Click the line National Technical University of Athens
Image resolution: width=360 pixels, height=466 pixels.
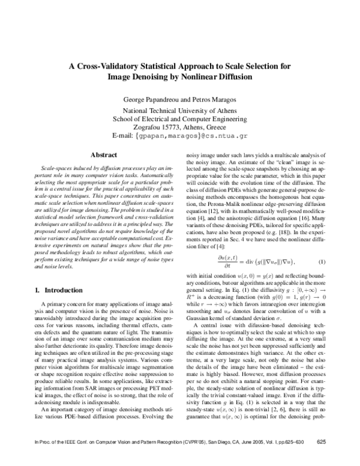point(180,111)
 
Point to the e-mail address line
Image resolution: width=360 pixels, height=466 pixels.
point(180,136)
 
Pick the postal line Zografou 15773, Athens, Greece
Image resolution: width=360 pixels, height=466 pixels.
point(180,128)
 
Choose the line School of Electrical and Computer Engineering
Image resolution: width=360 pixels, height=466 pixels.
point(180,120)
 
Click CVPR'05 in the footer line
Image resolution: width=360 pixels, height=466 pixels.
point(170,459)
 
